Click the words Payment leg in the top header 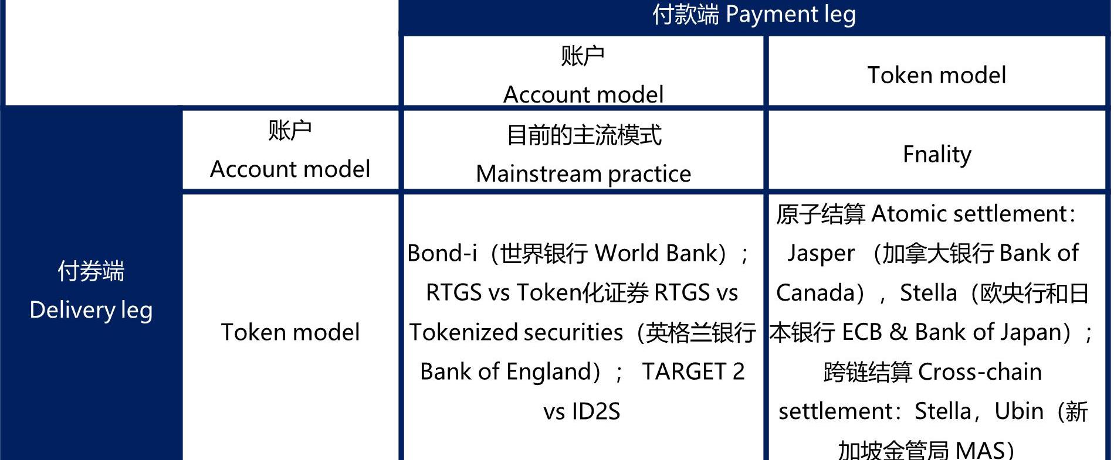790,15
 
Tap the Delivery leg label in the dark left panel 91,310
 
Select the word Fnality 937,155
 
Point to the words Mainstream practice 584,174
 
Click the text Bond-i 442,253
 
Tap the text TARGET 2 693,372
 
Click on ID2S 596,411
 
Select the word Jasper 821,254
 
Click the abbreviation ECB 862,332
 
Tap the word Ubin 1019,411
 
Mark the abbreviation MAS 980,450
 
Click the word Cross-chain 980,372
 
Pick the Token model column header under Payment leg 937,75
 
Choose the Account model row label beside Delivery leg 290,169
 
